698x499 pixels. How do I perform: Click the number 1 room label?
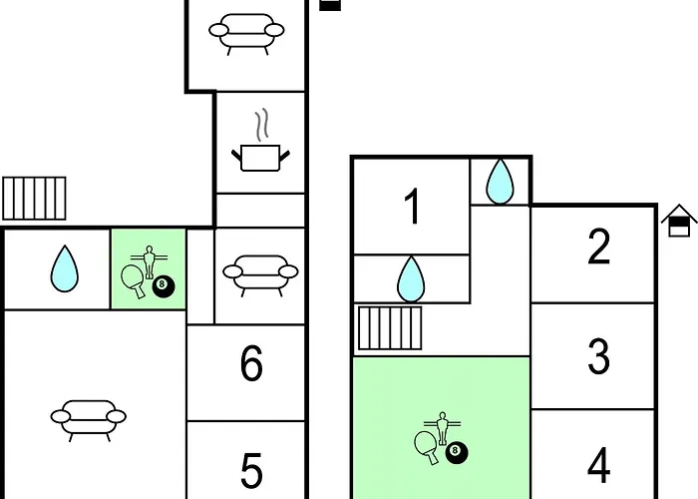pos(413,207)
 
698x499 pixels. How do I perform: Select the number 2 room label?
pos(598,247)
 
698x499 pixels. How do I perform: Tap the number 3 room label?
pos(598,356)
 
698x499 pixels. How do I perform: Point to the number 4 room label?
pos(598,465)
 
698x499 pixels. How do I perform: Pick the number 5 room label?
pos(251,471)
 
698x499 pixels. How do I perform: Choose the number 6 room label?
pos(251,363)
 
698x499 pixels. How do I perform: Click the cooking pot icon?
pos(261,158)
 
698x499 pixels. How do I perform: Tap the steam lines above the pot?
pos(262,125)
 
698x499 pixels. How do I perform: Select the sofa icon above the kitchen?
pos(246,34)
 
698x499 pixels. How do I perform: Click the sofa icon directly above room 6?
pos(260,275)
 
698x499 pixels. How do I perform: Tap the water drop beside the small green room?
pos(65,268)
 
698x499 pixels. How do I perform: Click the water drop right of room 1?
pos(500,182)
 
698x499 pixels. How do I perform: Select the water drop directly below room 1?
pos(411,279)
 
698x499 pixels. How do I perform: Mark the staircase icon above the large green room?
pos(390,328)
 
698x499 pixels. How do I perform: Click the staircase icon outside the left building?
pos(34,199)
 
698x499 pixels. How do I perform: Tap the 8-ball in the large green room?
pos(457,453)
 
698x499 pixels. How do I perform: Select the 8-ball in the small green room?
pos(164,286)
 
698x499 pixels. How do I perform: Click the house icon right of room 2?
pos(679,221)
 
